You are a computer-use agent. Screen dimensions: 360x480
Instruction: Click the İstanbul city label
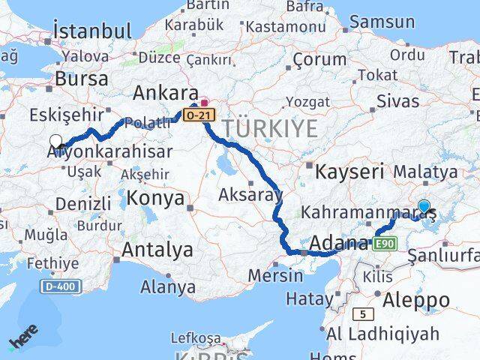[92, 31]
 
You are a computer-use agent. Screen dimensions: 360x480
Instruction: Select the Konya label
[156, 199]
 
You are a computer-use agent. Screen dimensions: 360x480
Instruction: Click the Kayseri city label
[349, 172]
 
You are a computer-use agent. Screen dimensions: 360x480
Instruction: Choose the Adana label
[338, 243]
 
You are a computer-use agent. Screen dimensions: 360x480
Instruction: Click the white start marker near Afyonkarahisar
[55, 140]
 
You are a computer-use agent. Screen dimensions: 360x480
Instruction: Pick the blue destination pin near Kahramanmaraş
[424, 206]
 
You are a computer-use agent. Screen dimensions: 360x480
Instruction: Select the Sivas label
[397, 100]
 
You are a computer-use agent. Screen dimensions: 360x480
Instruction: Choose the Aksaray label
[250, 196]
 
